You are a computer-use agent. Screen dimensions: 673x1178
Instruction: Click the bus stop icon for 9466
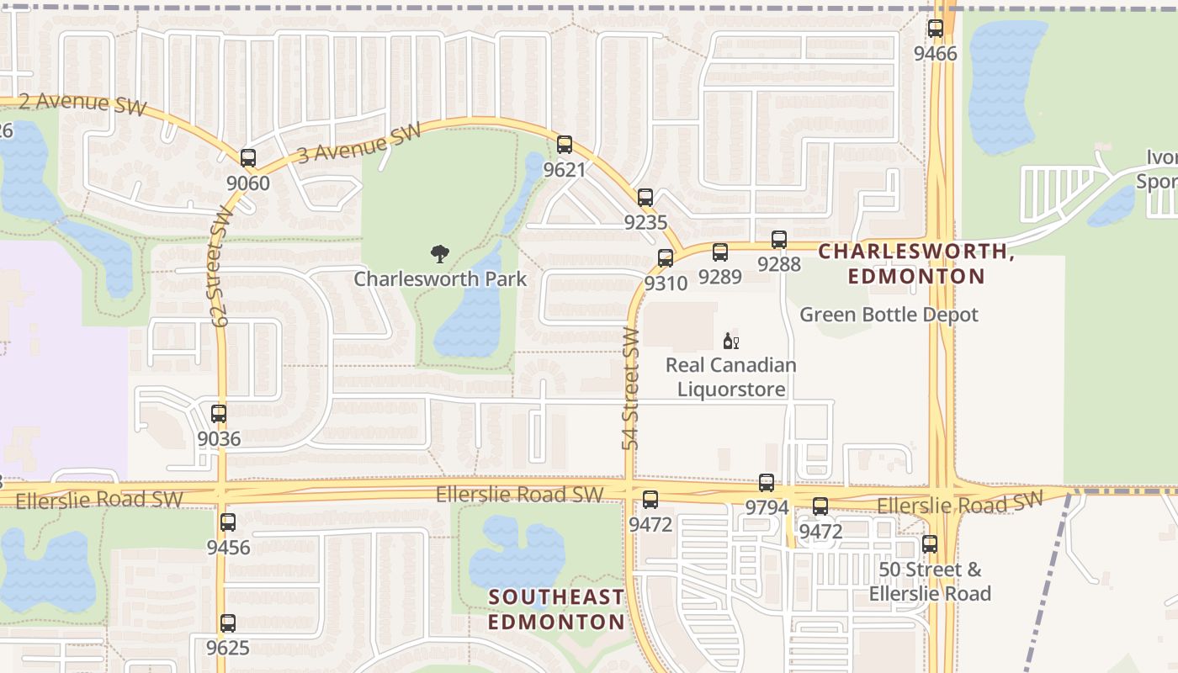[935, 29]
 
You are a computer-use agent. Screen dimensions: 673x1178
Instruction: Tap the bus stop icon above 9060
[247, 157]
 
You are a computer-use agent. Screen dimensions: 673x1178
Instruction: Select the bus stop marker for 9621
[564, 145]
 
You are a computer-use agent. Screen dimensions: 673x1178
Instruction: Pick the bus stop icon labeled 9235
[645, 198]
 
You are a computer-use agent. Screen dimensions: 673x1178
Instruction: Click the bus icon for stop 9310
[666, 258]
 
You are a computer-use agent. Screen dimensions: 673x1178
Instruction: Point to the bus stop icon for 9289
[720, 252]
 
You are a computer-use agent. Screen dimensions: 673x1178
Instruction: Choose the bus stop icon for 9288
[779, 240]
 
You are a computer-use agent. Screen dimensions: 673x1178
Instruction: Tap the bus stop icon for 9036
[219, 414]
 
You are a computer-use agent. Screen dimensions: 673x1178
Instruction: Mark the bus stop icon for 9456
[228, 522]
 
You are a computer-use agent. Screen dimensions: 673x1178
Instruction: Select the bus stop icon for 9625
[228, 623]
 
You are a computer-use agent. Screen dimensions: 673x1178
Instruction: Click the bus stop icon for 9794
[767, 483]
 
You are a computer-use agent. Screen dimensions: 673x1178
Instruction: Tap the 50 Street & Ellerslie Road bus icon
[930, 544]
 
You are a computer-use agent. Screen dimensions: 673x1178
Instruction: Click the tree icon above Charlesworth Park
[439, 254]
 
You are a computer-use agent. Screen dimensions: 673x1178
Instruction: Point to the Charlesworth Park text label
[440, 279]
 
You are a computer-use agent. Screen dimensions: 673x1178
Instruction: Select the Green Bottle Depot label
[889, 315]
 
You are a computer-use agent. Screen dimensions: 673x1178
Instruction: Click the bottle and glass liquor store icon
[730, 342]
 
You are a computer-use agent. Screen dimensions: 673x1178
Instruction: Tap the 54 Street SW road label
[632, 389]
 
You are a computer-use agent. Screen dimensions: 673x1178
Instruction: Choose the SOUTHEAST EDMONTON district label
[557, 610]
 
